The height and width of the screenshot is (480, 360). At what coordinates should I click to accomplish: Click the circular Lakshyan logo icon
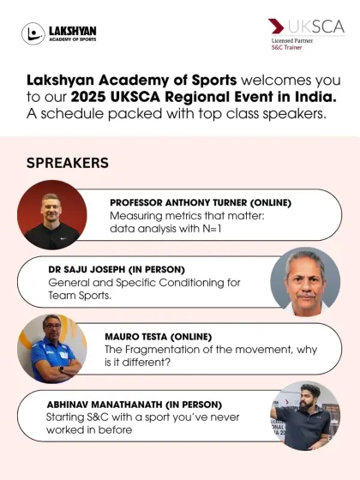[33, 33]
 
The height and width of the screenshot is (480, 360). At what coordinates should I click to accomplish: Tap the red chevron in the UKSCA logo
[276, 26]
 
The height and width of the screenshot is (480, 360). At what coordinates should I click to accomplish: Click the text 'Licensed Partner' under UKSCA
[292, 41]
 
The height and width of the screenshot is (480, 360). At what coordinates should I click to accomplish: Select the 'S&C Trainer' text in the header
[287, 47]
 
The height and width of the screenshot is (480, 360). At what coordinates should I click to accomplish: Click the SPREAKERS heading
[68, 163]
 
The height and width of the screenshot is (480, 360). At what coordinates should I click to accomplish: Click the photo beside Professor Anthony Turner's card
[52, 215]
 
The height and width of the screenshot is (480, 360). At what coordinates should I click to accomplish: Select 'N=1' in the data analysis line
[212, 229]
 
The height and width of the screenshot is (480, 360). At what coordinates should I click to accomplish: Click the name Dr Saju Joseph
[87, 270]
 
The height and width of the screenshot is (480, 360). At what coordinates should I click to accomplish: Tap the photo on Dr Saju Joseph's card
[305, 282]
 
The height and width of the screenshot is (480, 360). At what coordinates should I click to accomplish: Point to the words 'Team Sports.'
[80, 296]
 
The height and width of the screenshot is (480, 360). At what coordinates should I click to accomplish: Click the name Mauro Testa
[136, 337]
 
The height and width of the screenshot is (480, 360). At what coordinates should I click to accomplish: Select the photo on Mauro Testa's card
[52, 349]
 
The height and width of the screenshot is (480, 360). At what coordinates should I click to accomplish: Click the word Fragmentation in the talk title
[170, 350]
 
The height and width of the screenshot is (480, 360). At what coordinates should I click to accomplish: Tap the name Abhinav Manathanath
[105, 405]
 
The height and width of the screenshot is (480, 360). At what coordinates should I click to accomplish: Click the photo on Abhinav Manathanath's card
[305, 416]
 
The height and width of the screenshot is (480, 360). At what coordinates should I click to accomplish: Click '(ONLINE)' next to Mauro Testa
[191, 337]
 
